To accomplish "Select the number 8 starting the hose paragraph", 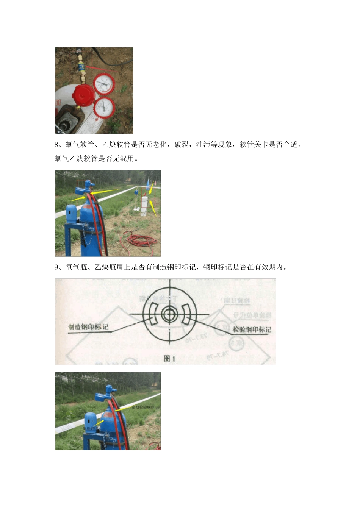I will pyautogui.click(x=57, y=145).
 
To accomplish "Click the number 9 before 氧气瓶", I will pyautogui.click(x=57, y=267).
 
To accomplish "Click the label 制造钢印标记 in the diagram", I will pyautogui.click(x=88, y=327).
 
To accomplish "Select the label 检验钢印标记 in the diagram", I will pyautogui.click(x=252, y=329).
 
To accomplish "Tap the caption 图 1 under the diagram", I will pyautogui.click(x=169, y=358).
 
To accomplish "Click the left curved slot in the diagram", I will pyautogui.click(x=152, y=314).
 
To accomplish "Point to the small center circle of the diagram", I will pyautogui.click(x=169, y=314).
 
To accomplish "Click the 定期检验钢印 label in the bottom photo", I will pyautogui.click(x=143, y=407).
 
